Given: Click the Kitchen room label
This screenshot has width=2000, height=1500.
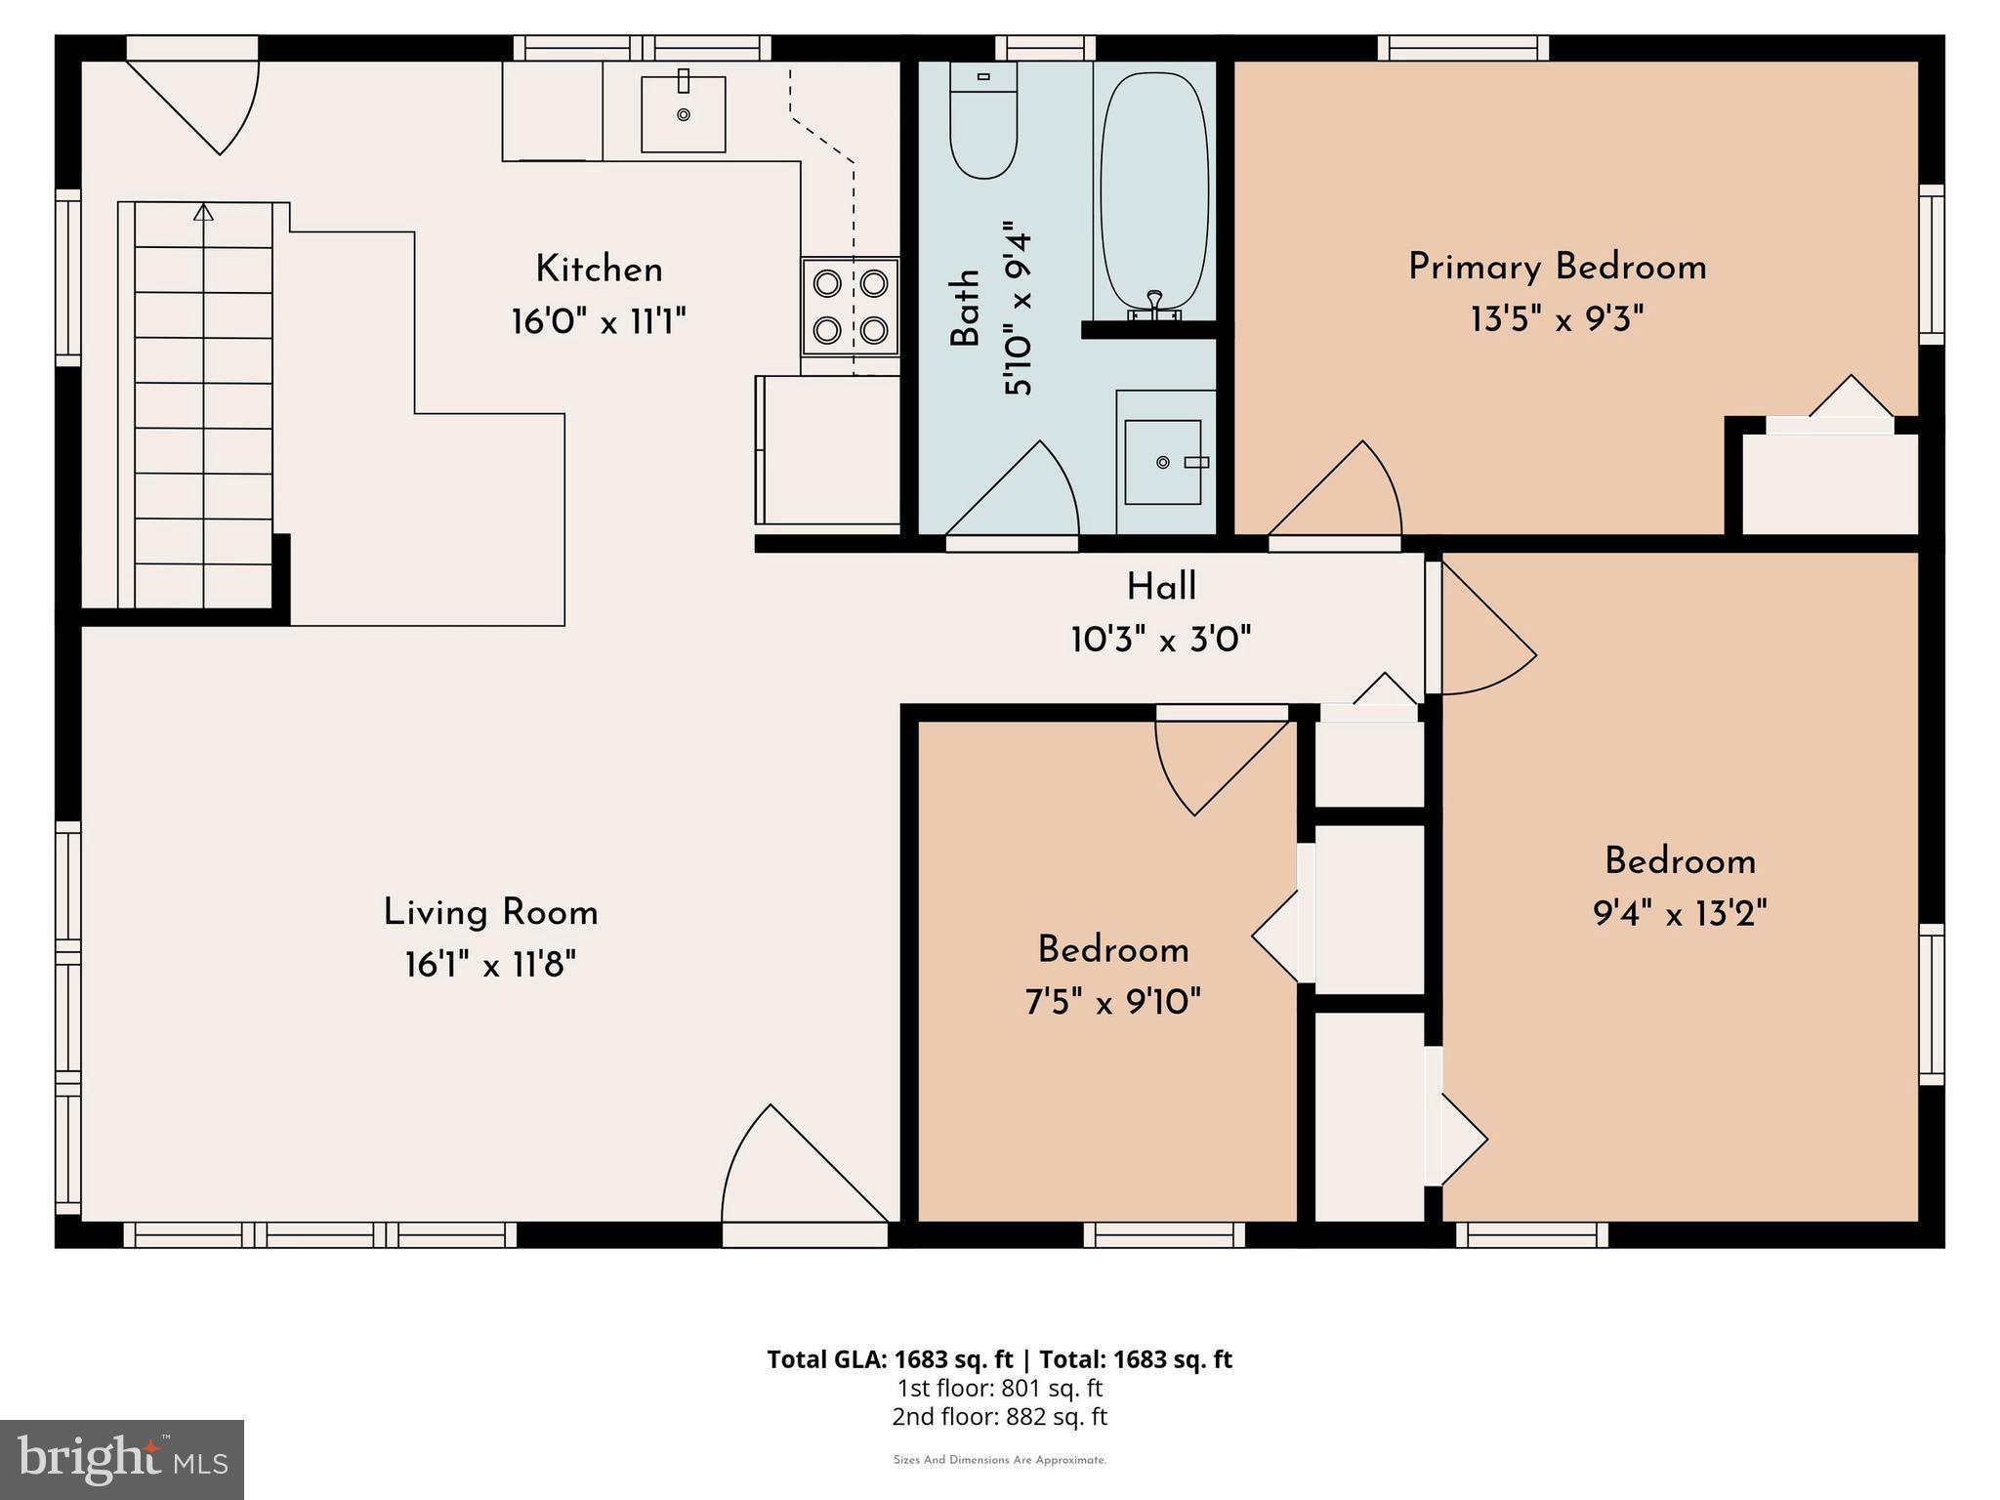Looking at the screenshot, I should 599,270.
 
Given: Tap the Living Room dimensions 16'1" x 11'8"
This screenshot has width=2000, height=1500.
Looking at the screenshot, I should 490,966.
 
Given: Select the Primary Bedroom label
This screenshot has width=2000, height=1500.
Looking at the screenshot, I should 1557,268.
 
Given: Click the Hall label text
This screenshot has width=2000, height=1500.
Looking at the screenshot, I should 1161,587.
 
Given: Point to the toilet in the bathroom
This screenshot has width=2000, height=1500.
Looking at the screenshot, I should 983,122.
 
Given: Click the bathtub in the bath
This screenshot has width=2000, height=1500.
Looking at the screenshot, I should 1154,190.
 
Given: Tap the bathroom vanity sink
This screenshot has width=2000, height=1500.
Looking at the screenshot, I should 1162,462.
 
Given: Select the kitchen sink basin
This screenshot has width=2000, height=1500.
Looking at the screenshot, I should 683,113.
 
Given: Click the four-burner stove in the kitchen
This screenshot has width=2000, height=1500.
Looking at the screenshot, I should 850,307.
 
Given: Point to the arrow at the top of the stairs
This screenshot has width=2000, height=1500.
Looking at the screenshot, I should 203,212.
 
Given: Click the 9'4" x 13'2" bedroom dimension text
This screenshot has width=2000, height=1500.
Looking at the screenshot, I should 1680,914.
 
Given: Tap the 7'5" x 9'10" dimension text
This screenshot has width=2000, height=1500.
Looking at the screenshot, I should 1112,1002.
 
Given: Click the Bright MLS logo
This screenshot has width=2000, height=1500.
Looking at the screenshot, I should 122,1460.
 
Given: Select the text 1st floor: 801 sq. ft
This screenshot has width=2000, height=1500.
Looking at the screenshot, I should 999,1389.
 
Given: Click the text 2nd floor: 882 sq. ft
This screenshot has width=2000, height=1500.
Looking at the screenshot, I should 999,1417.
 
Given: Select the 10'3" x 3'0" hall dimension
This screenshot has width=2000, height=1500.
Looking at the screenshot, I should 1160,641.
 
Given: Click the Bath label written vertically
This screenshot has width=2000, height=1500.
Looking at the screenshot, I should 966,309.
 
